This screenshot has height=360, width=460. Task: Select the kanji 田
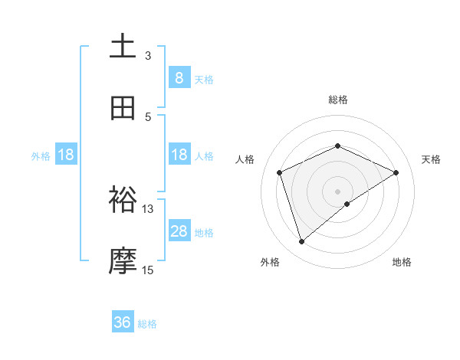tap(123, 109)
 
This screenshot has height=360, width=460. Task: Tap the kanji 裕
tap(123, 200)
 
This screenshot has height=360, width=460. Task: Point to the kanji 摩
tap(123, 261)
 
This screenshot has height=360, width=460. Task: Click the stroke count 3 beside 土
tap(148, 56)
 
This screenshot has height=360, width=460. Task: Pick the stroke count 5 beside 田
tap(148, 117)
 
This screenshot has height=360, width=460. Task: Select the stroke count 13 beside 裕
tap(148, 208)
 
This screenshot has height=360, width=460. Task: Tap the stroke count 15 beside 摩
tap(148, 270)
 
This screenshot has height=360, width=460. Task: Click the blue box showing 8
tap(179, 77)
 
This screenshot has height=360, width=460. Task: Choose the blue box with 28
tap(179, 231)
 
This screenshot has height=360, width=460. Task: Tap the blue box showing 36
tap(123, 322)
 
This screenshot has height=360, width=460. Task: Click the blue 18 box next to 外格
tap(66, 155)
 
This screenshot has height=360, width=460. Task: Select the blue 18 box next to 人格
tap(179, 155)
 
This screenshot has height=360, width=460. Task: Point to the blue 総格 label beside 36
tap(148, 324)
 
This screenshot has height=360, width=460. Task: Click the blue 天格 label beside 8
tap(204, 79)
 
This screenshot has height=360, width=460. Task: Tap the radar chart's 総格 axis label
tap(338, 100)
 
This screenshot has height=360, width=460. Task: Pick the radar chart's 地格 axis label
tap(402, 262)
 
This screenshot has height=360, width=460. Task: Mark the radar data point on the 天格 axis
tap(396, 172)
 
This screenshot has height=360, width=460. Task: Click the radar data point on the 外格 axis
tap(302, 242)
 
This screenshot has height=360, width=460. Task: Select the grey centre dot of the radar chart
tap(338, 191)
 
